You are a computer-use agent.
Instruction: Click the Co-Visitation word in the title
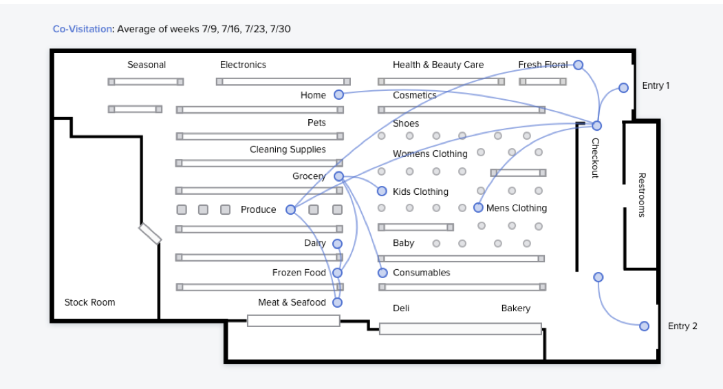pos(83,29)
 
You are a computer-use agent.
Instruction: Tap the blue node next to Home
pos(338,95)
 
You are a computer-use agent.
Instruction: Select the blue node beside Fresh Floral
pos(578,65)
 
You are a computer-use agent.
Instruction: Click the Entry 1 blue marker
pos(623,87)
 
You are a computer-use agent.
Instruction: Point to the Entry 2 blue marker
pos(644,326)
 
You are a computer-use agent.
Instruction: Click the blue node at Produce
pos(290,209)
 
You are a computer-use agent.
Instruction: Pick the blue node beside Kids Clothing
pos(382,191)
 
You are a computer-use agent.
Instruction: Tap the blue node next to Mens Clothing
pos(478,207)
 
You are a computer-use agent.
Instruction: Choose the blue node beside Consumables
pos(382,273)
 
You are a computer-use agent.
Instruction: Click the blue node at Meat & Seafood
pos(337,302)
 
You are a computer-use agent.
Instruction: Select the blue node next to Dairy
pos(337,244)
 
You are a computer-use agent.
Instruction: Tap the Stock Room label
pos(89,302)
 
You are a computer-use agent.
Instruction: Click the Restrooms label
pos(642,195)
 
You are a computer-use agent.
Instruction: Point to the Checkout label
pos(596,158)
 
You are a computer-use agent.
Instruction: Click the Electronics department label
pos(243,65)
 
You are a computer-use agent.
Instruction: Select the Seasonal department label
pos(147,65)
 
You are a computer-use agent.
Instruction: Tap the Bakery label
pos(515,308)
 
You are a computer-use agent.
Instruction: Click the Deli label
pos(401,308)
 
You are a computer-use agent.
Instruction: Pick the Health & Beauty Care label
pos(438,65)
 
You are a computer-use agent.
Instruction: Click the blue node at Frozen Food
pos(337,273)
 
